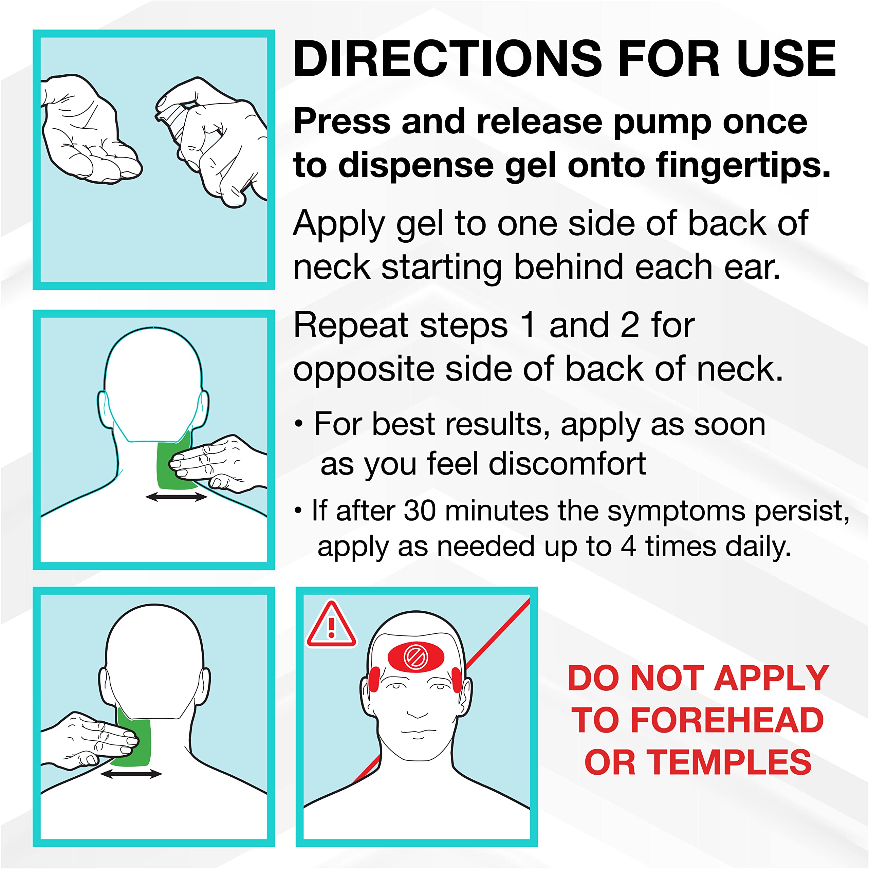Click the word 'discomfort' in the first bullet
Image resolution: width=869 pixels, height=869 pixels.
pos(568,463)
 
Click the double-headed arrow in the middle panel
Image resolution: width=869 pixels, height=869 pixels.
pos(176,497)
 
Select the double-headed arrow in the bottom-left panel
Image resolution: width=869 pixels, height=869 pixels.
pos(131,774)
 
